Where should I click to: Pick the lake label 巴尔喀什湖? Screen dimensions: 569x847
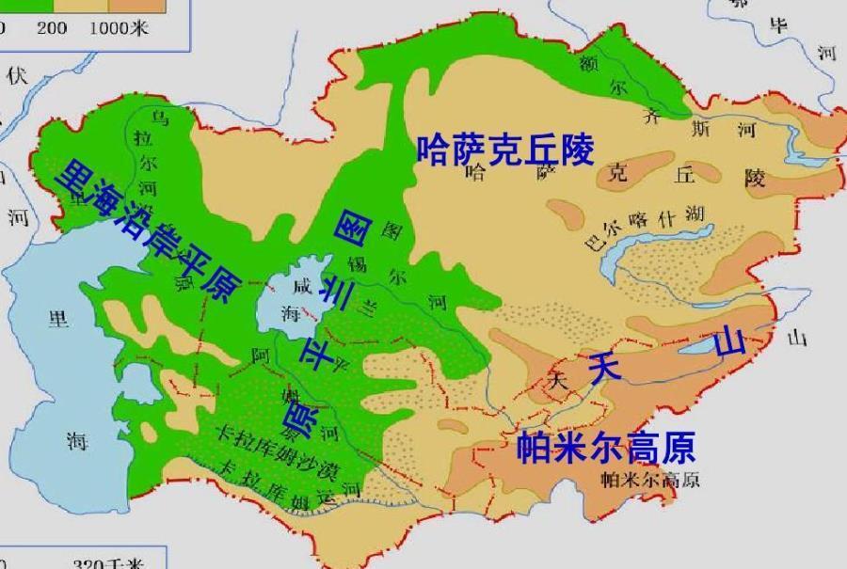pyautogui.click(x=645, y=227)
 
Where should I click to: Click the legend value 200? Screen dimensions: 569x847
pyautogui.click(x=52, y=27)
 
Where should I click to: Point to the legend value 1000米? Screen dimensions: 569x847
pyautogui.click(x=120, y=27)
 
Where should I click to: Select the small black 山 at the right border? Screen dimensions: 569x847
pyautogui.click(x=797, y=339)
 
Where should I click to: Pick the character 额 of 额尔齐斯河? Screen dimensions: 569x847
pyautogui.click(x=588, y=62)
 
